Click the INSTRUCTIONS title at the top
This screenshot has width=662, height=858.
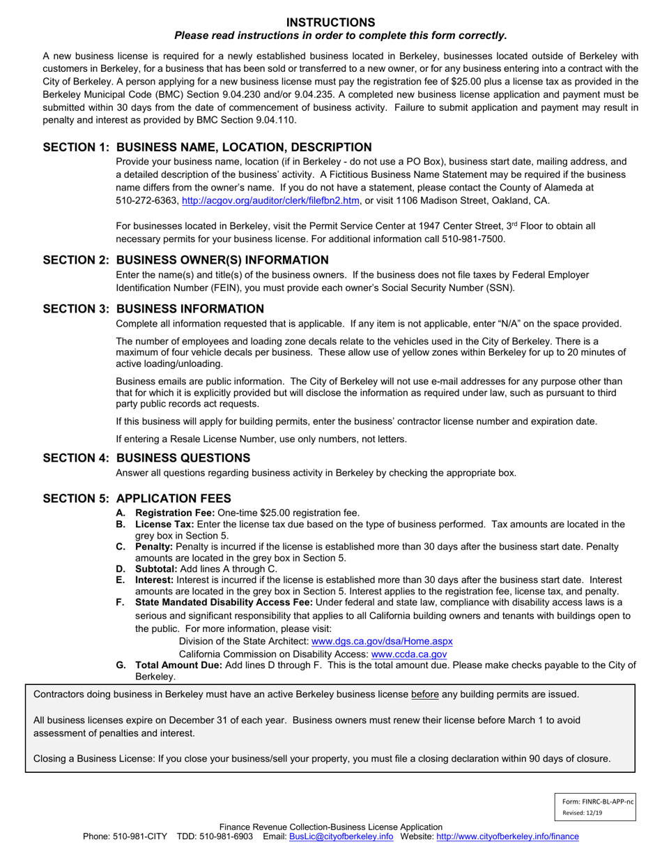click(331, 22)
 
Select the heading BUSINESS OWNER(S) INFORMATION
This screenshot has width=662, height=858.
click(222, 260)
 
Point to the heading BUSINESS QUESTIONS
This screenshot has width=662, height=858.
click(183, 458)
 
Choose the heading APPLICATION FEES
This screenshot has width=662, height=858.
click(174, 499)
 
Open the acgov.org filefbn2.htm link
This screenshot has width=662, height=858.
click(270, 201)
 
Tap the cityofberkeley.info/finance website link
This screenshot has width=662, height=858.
click(507, 836)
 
